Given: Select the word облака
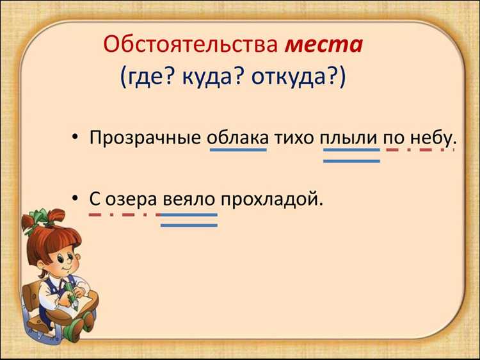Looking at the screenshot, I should point(238,137).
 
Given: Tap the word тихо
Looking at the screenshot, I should point(294,137).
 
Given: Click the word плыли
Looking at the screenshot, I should point(351,137).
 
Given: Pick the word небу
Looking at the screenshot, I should point(431,137).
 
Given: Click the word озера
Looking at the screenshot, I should point(128,199).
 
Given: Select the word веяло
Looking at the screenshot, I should point(188,199).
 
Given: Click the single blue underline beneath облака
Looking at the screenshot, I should point(238,150).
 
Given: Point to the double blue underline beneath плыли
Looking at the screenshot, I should point(351,155).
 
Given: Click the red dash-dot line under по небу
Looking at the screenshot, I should point(416,150).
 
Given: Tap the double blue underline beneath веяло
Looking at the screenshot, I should point(189,220).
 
